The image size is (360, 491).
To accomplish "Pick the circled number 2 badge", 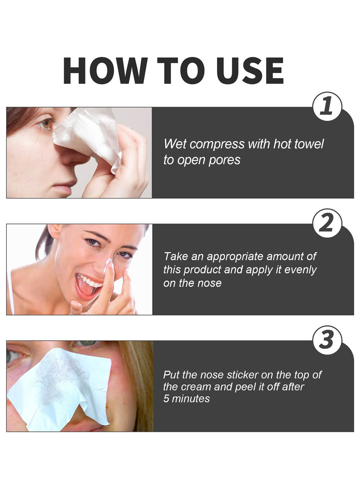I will click(x=327, y=224).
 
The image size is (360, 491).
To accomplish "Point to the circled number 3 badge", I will click(x=327, y=340).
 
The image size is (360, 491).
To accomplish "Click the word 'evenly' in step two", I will click(x=300, y=270).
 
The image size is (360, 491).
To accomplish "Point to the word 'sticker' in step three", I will click(x=242, y=375).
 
